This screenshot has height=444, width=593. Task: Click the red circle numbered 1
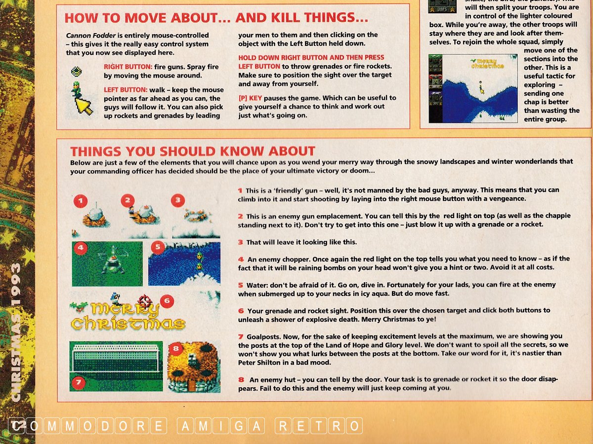pyautogui.click(x=81, y=201)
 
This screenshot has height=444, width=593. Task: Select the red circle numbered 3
pyautogui.click(x=178, y=200)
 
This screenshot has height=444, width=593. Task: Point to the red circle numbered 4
pyautogui.click(x=81, y=248)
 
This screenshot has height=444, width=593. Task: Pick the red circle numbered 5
pyautogui.click(x=158, y=248)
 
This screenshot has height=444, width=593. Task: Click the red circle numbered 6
pyautogui.click(x=167, y=301)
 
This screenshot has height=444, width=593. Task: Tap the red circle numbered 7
pyautogui.click(x=79, y=382)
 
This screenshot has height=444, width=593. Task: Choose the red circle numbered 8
pyautogui.click(x=176, y=349)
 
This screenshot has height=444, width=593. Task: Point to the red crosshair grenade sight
pyautogui.click(x=145, y=301)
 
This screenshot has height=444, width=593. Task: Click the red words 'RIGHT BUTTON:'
pyautogui.click(x=128, y=67)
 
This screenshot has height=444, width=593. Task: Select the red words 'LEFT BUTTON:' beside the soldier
pyautogui.click(x=126, y=90)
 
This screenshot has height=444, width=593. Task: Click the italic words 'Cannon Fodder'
pyautogui.click(x=91, y=36)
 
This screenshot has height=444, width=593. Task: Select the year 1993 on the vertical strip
pyautogui.click(x=16, y=285)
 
